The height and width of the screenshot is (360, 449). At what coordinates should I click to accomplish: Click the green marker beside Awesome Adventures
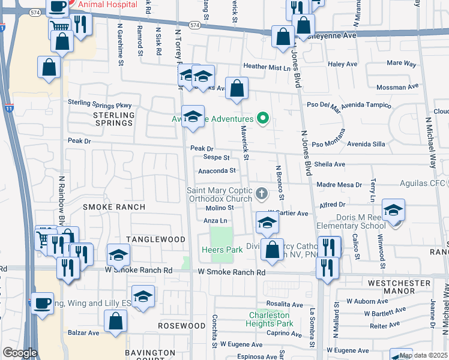click(x=262, y=119)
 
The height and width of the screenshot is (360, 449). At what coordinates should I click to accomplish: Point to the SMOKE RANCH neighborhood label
click(x=114, y=207)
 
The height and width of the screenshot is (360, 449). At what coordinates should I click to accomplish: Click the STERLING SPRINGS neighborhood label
click(x=113, y=118)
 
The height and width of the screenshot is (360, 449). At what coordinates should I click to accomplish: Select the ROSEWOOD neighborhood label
click(x=178, y=325)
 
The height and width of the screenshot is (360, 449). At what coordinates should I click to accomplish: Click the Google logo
click(x=20, y=353)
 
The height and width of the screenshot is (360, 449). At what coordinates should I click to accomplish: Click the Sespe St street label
click(x=216, y=158)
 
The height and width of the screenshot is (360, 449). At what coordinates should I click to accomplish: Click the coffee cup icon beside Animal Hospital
click(x=57, y=7)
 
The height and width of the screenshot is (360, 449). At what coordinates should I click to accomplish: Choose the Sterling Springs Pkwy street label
click(x=100, y=103)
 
